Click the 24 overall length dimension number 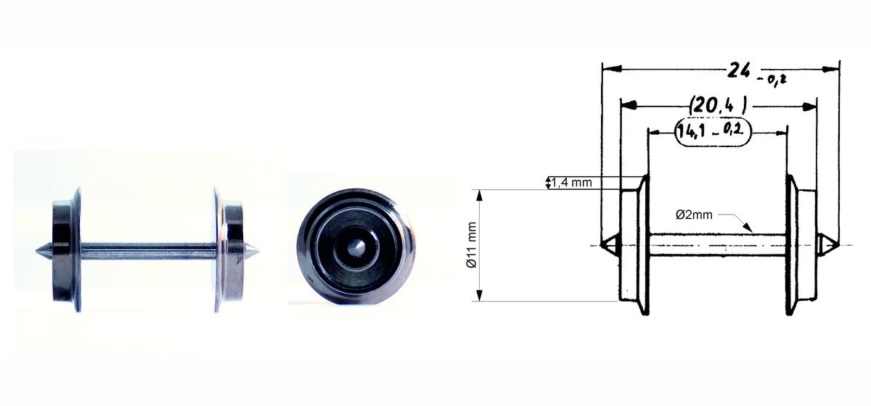click(738, 71)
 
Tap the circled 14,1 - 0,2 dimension click(713, 132)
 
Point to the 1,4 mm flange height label click(572, 182)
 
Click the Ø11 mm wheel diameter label click(472, 245)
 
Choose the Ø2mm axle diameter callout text click(694, 215)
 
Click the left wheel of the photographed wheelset click(67, 250)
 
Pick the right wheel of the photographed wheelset click(229, 250)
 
